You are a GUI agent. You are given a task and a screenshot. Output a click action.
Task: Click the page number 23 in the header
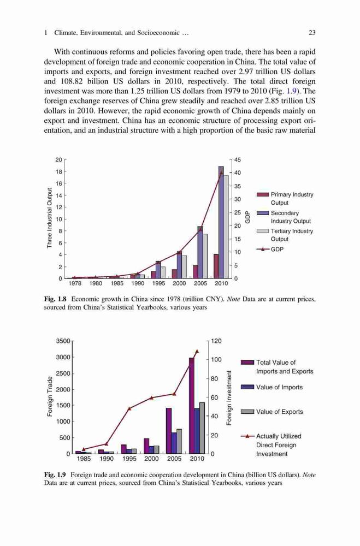pos(312,33)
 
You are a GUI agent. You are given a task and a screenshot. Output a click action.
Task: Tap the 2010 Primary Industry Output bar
pos(216,266)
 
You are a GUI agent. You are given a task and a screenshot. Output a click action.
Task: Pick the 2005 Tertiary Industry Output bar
pos(205,256)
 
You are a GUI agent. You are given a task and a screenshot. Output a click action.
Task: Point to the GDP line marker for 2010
pos(221,173)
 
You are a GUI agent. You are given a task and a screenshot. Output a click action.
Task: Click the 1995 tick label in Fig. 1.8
pos(158,283)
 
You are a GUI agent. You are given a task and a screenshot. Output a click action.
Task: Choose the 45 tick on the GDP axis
pos(237,160)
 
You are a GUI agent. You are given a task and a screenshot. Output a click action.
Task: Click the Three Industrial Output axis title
pos(50,218)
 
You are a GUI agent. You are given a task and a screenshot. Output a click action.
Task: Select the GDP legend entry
pos(270,250)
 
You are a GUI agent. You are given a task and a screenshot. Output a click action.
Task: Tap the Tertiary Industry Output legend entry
pos(285,235)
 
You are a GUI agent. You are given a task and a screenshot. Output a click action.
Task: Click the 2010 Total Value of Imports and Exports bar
pos(192,406)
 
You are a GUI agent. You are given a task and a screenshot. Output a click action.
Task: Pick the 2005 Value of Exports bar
pos(179,441)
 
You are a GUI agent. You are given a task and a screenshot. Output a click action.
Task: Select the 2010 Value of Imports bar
pos(197,431)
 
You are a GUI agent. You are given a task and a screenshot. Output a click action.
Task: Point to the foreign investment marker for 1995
pos(129,408)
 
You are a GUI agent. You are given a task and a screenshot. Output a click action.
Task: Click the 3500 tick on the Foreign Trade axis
pos(63,341)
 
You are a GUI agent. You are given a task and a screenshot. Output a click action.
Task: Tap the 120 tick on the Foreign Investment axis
pos(216,341)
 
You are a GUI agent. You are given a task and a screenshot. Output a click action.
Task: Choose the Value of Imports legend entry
pos(272,387)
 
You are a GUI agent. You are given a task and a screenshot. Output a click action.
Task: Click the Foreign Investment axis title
pos(229,397)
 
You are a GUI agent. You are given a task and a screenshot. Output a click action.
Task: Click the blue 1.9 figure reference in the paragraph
pos(291,91)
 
